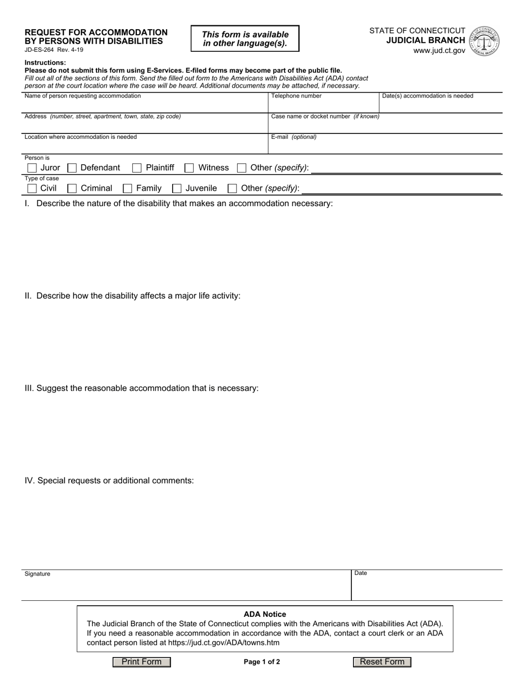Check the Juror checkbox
(x=32, y=168)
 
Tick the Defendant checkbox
(x=72, y=168)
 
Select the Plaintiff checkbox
(x=137, y=168)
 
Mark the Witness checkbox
(x=189, y=168)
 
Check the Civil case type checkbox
(x=32, y=189)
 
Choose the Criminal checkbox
(x=72, y=189)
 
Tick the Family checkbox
(x=127, y=189)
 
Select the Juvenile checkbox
(x=177, y=189)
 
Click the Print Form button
(x=142, y=662)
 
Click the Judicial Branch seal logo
(x=484, y=41)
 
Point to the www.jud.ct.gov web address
(x=439, y=51)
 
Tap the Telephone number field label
(x=296, y=96)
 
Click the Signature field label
(x=38, y=574)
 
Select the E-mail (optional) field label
(x=293, y=137)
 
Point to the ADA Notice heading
(x=265, y=614)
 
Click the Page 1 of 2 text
(x=262, y=662)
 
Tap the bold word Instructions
(x=45, y=63)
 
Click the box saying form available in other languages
(x=245, y=39)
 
